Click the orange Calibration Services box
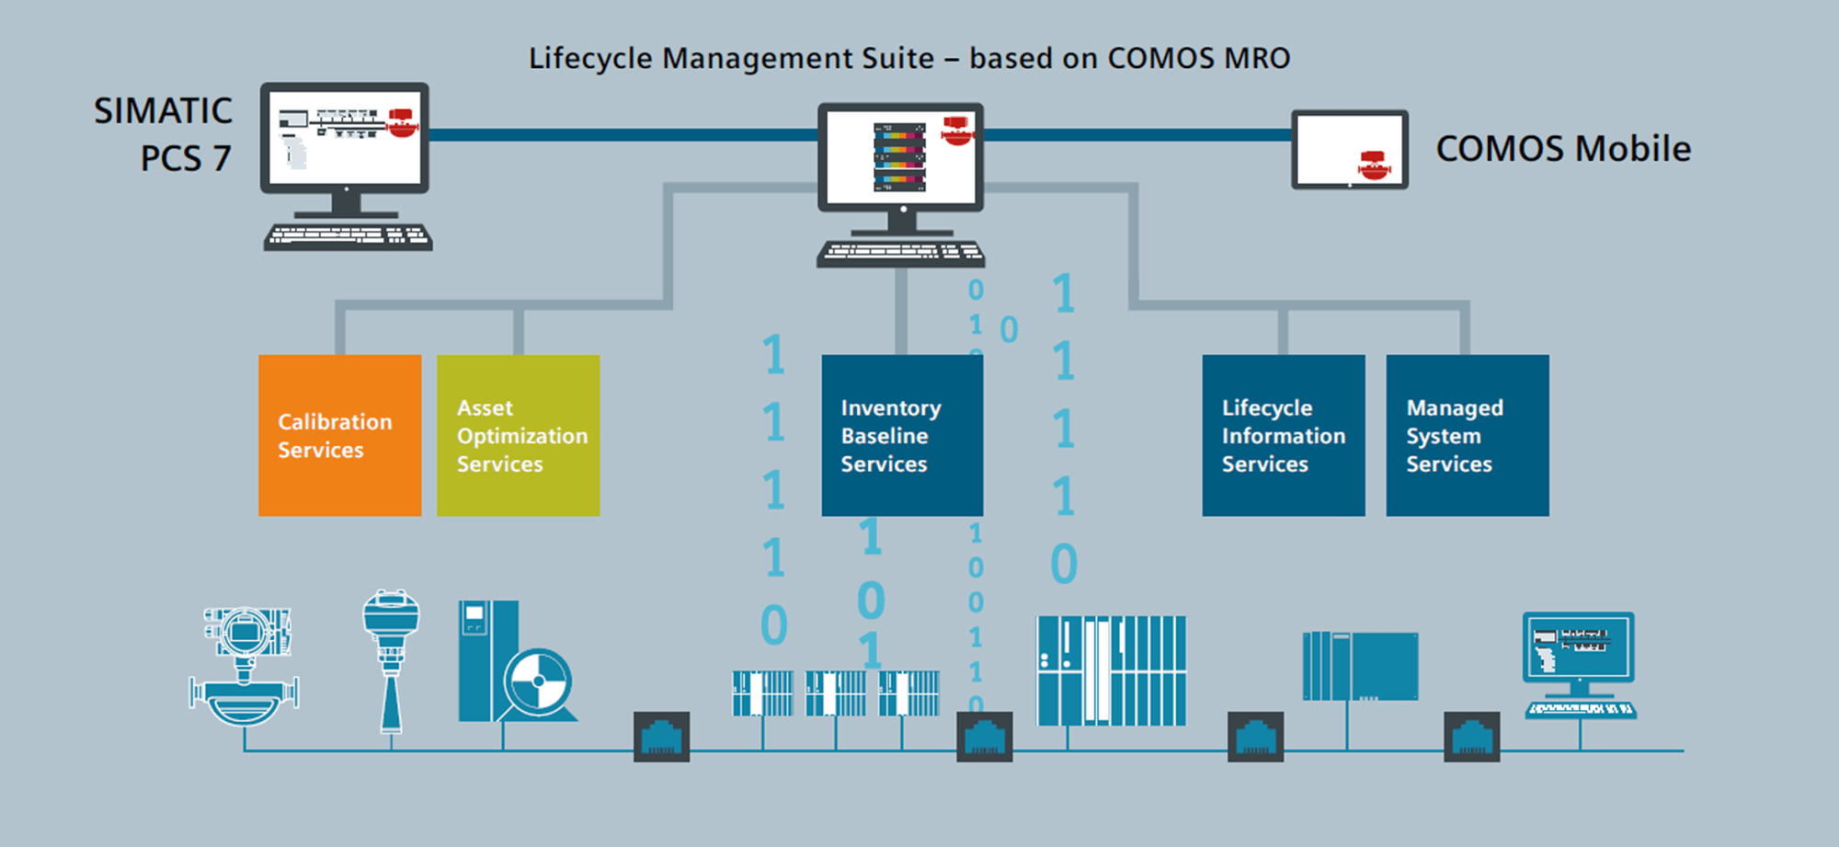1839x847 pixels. pyautogui.click(x=339, y=435)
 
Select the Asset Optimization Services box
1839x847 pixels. pyautogui.click(x=518, y=435)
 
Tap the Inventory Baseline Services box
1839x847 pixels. pyautogui.click(x=902, y=435)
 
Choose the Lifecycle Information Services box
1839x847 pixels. pyautogui.click(x=1283, y=435)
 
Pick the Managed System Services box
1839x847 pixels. pyautogui.click(x=1467, y=435)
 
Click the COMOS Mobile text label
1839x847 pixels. pyautogui.click(x=1563, y=149)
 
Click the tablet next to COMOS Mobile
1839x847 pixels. pyautogui.click(x=1349, y=150)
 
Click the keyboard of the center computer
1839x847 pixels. pyautogui.click(x=900, y=253)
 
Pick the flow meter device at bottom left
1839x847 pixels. pyautogui.click(x=245, y=667)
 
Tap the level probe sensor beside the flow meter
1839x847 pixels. pyautogui.click(x=392, y=658)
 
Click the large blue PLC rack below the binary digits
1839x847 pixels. pyautogui.click(x=1111, y=671)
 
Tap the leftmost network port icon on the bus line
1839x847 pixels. pyautogui.click(x=661, y=737)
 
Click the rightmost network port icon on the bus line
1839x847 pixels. pyautogui.click(x=1471, y=737)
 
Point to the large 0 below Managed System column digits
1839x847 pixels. pyautogui.click(x=1064, y=564)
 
